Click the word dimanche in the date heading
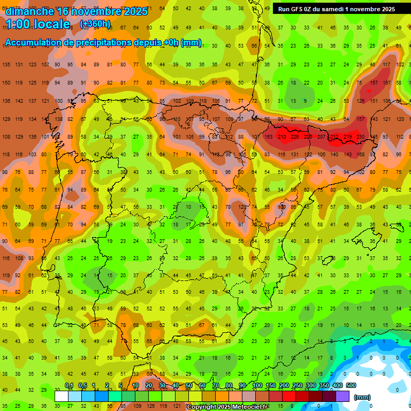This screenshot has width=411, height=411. [x=29, y=11]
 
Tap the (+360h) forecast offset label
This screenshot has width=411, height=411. [x=95, y=24]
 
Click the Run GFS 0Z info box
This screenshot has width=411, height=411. [x=336, y=9]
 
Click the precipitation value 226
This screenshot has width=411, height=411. [x=294, y=137]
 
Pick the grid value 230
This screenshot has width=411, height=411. [x=361, y=137]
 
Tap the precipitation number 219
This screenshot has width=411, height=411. [x=347, y=137]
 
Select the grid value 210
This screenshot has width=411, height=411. [x=281, y=137]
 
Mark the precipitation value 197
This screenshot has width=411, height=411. [x=387, y=82]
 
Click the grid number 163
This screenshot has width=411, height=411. [x=268, y=137]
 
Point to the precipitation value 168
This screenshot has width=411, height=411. [x=361, y=155]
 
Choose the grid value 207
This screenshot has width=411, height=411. [x=321, y=137]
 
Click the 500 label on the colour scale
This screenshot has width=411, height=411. [x=351, y=386]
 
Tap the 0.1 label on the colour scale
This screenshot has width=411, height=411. [x=69, y=386]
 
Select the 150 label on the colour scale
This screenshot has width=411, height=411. [x=270, y=386]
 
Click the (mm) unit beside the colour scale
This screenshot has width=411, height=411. [x=362, y=397]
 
